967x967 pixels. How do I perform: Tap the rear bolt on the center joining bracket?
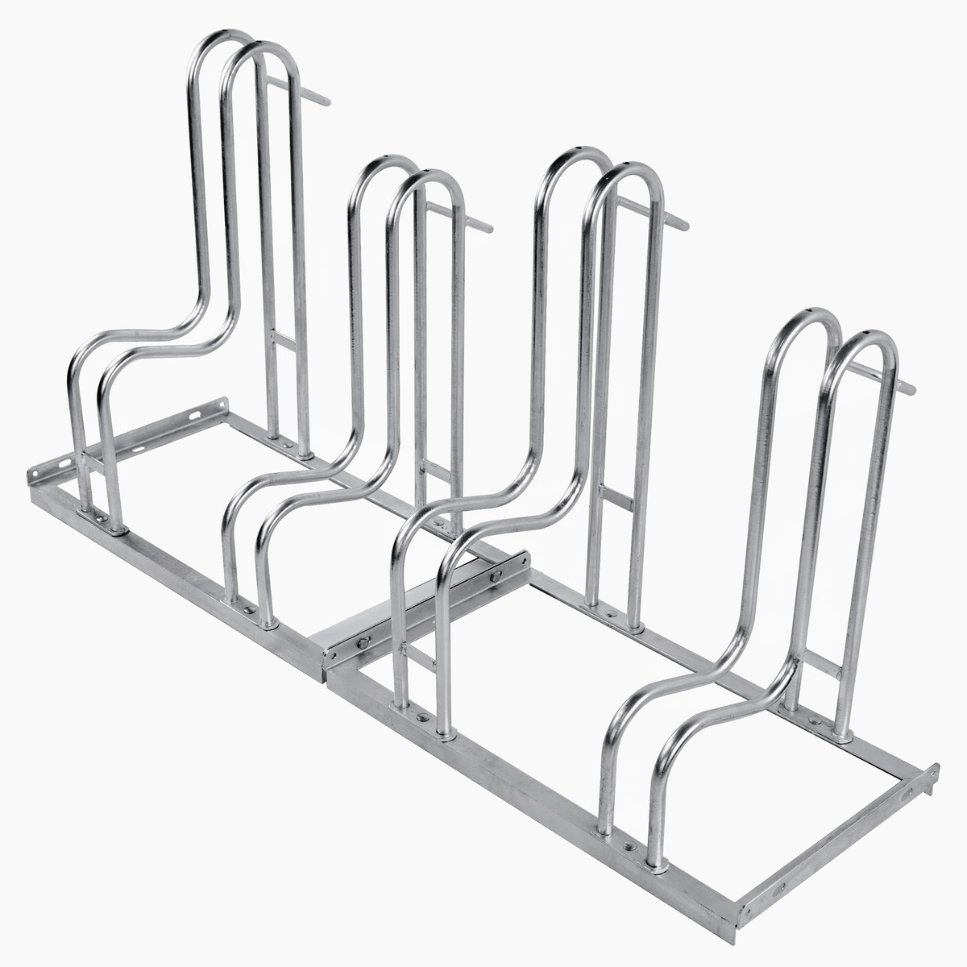tap(495, 575)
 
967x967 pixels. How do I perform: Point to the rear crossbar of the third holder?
tap(616, 497)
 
